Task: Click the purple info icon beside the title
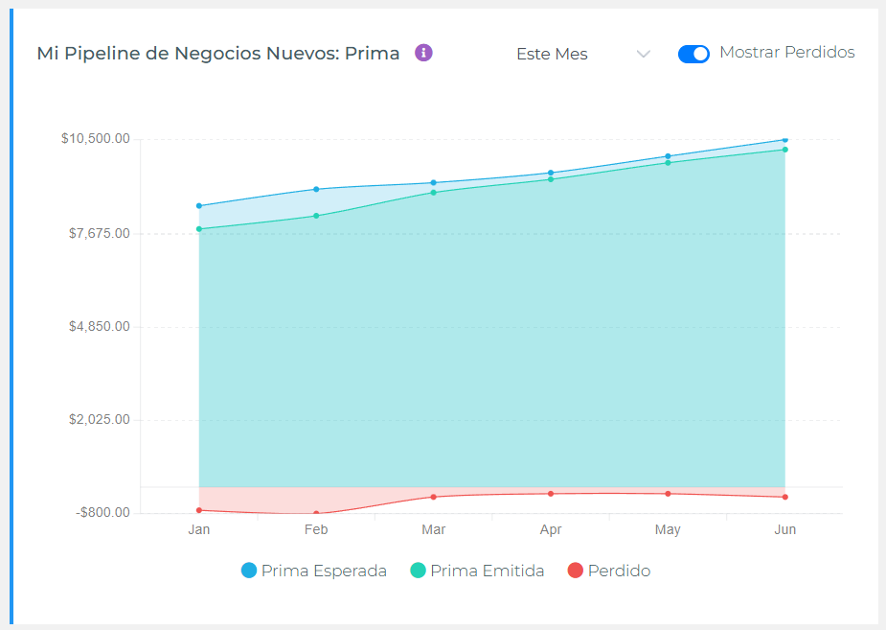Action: [423, 53]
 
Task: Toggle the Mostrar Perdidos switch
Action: [693, 54]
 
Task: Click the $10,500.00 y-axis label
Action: [96, 139]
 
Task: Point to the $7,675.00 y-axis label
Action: [99, 233]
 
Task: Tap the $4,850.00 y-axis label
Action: [99, 326]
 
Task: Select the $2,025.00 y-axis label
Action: [99, 419]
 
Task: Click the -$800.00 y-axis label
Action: [102, 512]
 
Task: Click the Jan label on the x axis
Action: [199, 529]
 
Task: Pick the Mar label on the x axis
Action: [434, 529]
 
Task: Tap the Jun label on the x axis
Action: [784, 529]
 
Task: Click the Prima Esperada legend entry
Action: [314, 571]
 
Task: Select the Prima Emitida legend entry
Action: [477, 571]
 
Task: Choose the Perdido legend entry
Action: [609, 571]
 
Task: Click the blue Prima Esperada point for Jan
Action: [199, 205]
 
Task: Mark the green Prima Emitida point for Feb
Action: [316, 216]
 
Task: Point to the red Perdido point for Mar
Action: [434, 497]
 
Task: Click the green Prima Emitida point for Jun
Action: [784, 150]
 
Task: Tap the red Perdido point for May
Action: [668, 494]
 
